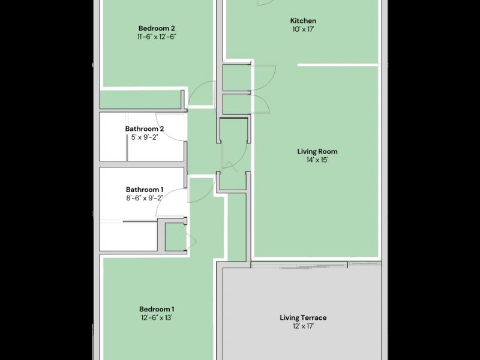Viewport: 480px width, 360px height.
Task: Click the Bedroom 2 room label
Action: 157,28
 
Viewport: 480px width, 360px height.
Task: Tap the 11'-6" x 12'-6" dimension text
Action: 157,37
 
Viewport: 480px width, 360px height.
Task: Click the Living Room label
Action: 317,151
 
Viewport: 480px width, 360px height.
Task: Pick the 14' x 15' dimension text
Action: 317,160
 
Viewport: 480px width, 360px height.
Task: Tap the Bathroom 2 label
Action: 144,128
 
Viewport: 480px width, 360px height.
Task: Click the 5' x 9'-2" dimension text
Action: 144,137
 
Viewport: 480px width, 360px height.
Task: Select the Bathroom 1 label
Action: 144,189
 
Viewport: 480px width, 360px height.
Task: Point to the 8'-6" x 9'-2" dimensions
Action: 144,197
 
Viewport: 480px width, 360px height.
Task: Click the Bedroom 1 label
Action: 157,309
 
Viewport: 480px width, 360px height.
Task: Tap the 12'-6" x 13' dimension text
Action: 157,318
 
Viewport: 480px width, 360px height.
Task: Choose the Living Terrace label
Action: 303,317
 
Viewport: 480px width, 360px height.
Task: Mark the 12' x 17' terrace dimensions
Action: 303,326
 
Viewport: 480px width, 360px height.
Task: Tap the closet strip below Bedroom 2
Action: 141,99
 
